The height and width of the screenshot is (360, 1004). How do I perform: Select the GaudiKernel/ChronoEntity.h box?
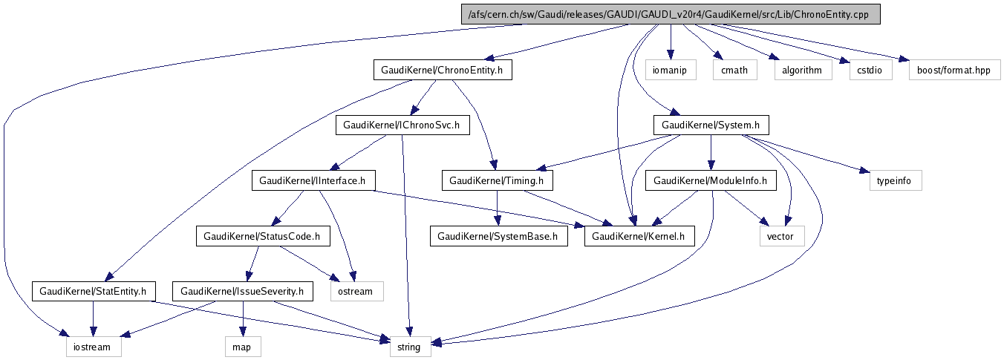tap(443, 70)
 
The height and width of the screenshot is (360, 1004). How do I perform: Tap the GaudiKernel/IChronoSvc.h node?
tap(402, 125)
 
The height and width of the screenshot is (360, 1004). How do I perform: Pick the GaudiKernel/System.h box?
tap(711, 125)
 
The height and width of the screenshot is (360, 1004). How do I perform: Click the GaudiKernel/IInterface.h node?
tap(313, 180)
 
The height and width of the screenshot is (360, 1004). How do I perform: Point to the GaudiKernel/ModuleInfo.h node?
tap(711, 180)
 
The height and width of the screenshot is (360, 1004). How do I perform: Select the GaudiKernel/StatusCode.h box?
tap(262, 236)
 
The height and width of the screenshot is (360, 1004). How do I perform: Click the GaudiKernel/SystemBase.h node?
tap(498, 236)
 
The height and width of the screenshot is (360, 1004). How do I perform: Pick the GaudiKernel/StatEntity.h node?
tap(92, 291)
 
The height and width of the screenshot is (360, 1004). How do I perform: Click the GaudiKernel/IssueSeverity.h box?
tap(242, 291)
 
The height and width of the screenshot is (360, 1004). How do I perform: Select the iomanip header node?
tap(670, 70)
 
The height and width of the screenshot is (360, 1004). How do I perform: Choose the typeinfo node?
tap(895, 180)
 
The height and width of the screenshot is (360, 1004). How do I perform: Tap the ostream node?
tap(355, 291)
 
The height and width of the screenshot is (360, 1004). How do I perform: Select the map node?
tap(244, 347)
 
